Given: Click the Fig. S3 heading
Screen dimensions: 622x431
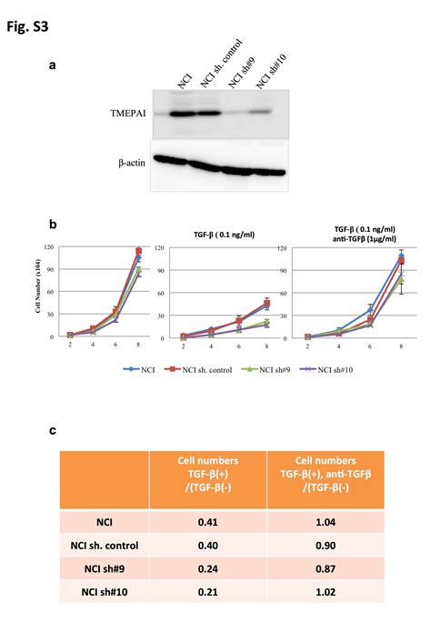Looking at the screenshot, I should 29,26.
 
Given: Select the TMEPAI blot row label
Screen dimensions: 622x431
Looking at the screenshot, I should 126,115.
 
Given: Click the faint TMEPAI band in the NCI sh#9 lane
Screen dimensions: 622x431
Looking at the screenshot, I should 234,115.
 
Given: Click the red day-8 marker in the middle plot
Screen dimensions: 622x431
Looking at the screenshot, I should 266,303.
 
